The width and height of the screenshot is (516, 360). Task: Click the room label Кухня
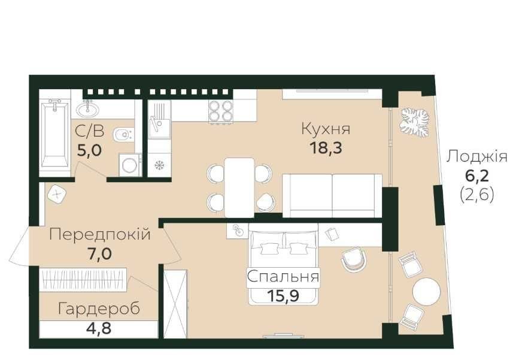point(326,129)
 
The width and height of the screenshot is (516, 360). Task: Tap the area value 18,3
point(326,147)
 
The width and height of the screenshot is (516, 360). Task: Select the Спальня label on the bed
point(283,277)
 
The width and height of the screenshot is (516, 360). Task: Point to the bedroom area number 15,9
point(283,296)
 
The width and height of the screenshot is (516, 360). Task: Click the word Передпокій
point(100,234)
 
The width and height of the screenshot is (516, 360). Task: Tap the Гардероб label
point(99,309)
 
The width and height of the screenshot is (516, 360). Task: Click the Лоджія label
point(477,157)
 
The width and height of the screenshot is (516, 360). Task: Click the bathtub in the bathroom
point(55,134)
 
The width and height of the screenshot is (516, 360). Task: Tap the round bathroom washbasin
point(87,108)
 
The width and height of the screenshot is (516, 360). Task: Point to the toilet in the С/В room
point(123,135)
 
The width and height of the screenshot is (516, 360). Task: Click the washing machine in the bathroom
point(130,164)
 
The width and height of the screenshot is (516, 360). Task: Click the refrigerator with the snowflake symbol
point(160,165)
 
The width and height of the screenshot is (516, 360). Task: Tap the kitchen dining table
point(239,187)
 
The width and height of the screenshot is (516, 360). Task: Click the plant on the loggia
point(415,123)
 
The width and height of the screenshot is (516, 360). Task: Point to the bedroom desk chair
point(353,259)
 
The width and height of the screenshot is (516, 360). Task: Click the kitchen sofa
point(332,196)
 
